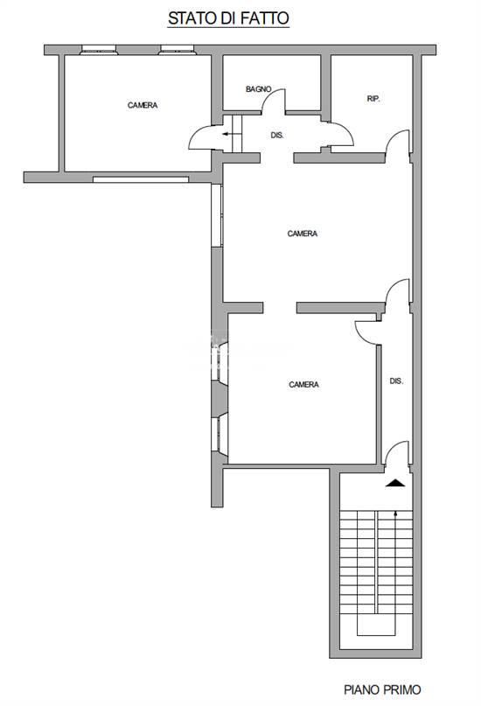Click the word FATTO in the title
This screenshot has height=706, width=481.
267,17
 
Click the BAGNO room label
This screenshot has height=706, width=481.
258,89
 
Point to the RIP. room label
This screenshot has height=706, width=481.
373,99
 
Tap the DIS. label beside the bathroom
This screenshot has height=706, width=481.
277,136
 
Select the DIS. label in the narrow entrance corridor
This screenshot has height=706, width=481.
396,381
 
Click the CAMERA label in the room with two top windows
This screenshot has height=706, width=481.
143,106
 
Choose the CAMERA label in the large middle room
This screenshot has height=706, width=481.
303,234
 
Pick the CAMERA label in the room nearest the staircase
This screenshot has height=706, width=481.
303,385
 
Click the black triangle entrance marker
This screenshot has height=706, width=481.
395,481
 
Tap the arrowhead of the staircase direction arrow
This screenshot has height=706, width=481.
396,514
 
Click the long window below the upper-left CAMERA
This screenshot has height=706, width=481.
140,179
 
